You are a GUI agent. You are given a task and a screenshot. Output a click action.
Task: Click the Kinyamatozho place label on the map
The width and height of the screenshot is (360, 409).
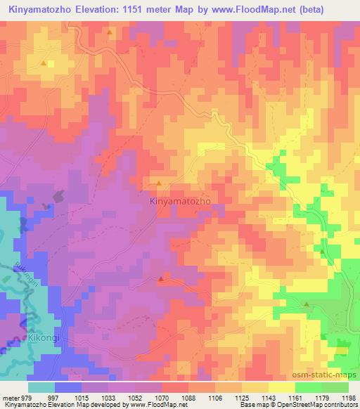click(181, 200)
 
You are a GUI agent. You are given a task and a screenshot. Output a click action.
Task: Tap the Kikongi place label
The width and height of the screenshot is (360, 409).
click(46, 338)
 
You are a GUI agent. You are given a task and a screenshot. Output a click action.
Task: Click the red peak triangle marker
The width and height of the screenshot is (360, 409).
click(161, 280)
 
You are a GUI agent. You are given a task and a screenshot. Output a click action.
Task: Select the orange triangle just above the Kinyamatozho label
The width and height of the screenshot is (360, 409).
click(159, 183)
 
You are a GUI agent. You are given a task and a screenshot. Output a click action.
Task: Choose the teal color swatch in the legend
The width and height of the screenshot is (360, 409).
click(41, 387)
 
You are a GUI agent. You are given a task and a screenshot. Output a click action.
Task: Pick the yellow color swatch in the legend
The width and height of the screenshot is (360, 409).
click(282, 387)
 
